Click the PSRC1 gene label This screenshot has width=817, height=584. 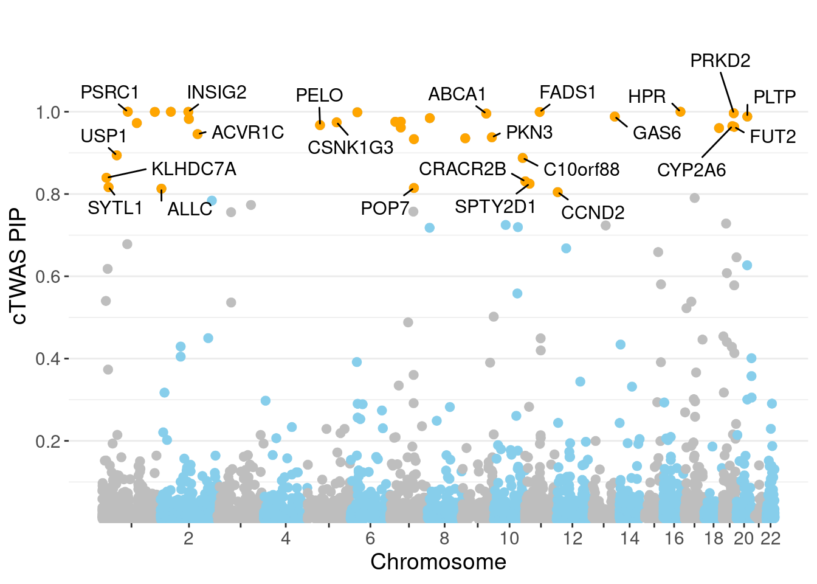point(110,92)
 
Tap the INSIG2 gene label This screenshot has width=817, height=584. point(216,92)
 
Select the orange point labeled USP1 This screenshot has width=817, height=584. point(117,155)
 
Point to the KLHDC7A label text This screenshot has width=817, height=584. point(193,169)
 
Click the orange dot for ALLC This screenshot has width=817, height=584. point(161,189)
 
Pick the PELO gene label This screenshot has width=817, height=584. point(319,96)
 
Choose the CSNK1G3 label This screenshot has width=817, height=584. point(350,148)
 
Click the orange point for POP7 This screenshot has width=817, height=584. point(414,188)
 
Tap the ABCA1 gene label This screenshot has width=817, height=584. point(457,95)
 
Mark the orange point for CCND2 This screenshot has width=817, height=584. point(557,192)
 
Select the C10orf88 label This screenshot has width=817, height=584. point(581,170)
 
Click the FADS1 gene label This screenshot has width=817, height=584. point(568,92)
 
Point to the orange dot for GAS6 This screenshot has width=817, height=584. point(615,116)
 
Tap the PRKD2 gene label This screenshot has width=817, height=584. point(720,61)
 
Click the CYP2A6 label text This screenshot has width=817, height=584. point(691,170)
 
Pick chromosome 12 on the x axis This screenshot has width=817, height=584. point(572,538)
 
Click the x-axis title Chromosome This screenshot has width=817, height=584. point(438,562)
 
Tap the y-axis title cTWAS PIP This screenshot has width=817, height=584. point(19,266)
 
